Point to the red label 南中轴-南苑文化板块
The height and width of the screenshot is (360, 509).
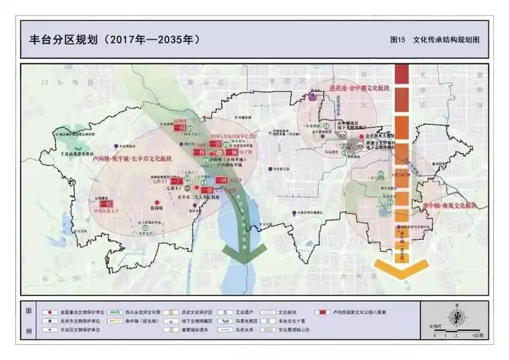coord(451,205)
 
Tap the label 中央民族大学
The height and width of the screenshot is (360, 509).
coord(109,212)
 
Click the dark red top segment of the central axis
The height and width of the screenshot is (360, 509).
coord(402,73)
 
